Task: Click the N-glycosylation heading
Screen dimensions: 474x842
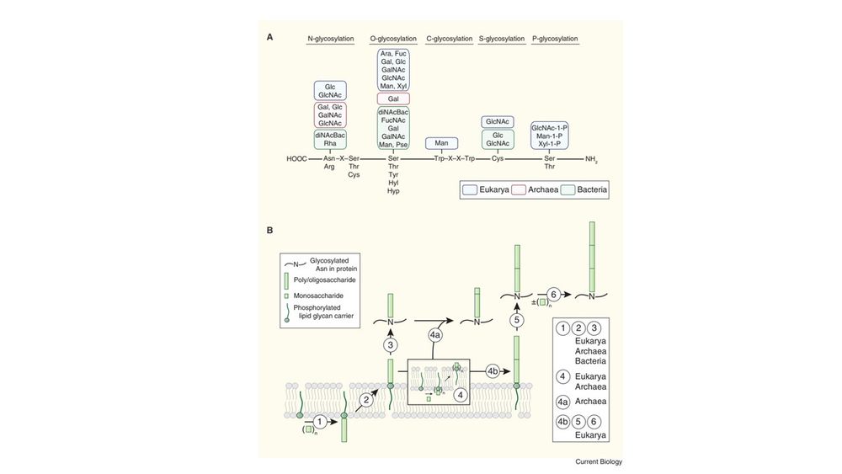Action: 330,39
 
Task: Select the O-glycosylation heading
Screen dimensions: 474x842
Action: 392,39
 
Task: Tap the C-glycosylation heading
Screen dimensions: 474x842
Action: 447,39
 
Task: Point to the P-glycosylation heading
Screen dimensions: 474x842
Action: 556,39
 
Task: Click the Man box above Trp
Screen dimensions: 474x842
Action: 441,143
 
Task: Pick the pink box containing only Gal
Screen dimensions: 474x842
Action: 392,99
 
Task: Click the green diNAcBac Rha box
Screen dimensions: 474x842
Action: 330,138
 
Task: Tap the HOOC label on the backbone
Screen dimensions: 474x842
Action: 297,158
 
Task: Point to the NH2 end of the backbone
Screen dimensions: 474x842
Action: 590,158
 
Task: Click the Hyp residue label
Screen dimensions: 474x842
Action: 393,191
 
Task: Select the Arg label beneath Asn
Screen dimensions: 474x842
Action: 330,167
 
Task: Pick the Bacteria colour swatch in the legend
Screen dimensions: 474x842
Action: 567,191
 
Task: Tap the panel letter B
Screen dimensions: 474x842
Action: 269,229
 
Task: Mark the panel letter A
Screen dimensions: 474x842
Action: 269,36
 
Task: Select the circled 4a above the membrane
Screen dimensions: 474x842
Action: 435,337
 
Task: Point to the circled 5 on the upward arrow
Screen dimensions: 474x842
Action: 518,319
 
